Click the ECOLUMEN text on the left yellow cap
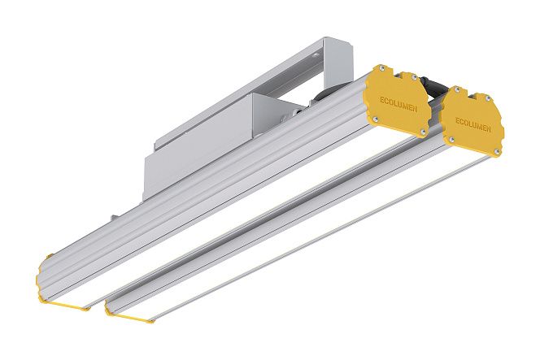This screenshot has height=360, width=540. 398,105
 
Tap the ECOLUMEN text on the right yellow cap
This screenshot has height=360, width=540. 473,125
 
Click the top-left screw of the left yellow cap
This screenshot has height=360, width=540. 381,68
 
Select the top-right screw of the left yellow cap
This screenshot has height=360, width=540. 415,78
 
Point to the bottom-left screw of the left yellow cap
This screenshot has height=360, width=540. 376,119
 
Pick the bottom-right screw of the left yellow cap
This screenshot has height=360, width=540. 423,132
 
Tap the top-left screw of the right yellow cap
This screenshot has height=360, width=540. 457,89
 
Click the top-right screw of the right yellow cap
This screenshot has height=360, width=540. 489,98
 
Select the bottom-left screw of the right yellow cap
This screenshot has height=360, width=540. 451,140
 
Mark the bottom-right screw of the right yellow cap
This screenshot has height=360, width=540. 497,151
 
